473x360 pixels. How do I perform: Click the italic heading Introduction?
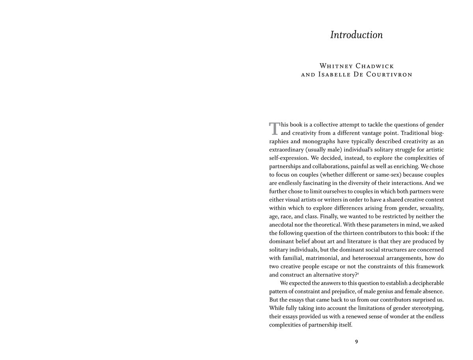click(356, 35)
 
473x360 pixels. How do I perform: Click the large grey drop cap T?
click(274, 128)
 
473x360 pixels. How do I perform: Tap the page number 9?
click(356, 341)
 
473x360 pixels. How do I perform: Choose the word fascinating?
click(322, 183)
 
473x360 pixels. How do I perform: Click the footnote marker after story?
click(358, 273)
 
